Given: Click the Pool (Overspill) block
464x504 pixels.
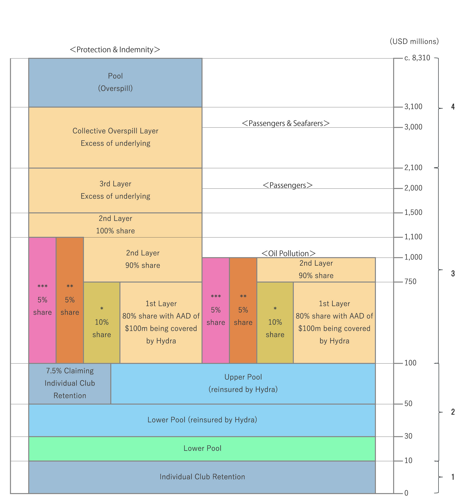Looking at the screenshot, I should point(115,82).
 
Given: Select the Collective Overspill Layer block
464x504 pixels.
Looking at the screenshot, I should point(115,137).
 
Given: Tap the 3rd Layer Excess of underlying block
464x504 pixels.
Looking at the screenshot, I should point(115,190).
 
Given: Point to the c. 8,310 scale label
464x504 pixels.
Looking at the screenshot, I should point(417,58).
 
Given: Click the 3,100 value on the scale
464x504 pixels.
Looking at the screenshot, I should point(413,107).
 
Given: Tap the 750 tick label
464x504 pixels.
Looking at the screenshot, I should point(410,282).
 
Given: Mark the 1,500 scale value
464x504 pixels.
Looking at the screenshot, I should point(413,213).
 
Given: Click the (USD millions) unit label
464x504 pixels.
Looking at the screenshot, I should point(414,42).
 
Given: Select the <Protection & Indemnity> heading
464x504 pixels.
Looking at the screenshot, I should point(115,50).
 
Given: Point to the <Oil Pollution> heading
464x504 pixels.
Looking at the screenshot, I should point(288,254).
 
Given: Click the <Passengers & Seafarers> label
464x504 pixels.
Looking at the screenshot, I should point(286,123).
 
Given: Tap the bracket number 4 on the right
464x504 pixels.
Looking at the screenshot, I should point(453,107).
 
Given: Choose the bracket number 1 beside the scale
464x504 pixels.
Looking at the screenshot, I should point(453,477).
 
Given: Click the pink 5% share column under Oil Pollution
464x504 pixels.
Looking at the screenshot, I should point(216,310).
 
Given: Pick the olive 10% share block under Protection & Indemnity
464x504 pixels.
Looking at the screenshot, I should point(102,322).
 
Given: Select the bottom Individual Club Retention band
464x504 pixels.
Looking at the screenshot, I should point(202,477).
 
